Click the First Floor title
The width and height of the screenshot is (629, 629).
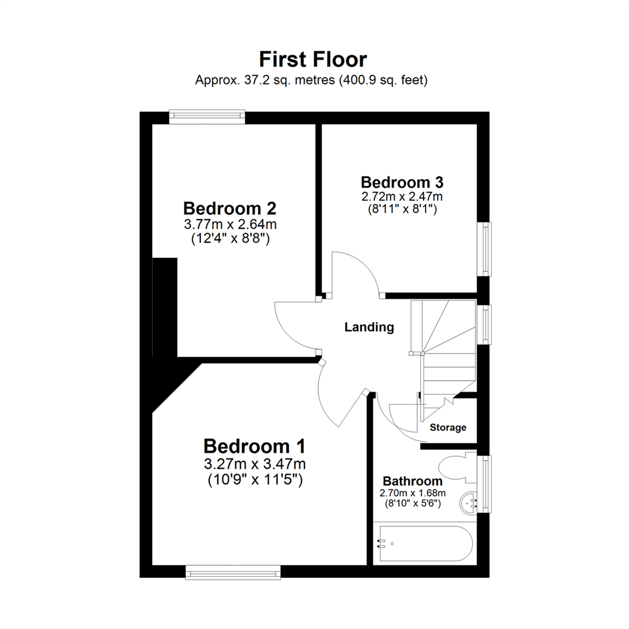coord(313,59)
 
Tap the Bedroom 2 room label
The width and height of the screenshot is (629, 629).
coord(229,209)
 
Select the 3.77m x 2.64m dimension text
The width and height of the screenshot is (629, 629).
coord(229,224)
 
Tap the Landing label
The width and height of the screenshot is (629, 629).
coord(369,327)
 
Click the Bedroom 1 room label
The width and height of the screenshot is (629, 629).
coord(255,447)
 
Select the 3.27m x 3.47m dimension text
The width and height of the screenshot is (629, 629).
coord(255,464)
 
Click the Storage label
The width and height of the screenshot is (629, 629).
coord(448,427)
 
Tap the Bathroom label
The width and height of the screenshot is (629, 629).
coord(412,482)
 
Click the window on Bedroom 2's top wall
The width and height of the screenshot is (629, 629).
coord(207,116)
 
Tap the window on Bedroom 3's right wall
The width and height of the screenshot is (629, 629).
coord(484,249)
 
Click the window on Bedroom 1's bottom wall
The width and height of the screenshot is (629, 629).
coord(233,573)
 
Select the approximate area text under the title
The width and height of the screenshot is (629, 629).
coord(312,81)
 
